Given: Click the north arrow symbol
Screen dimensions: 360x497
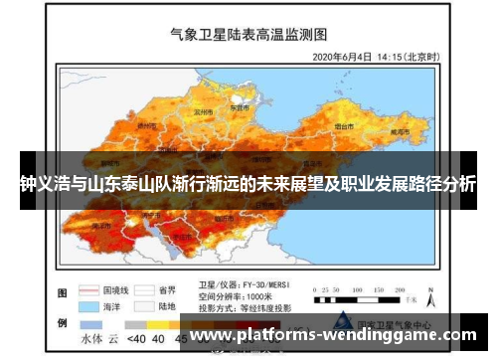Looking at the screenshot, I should (430, 296).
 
